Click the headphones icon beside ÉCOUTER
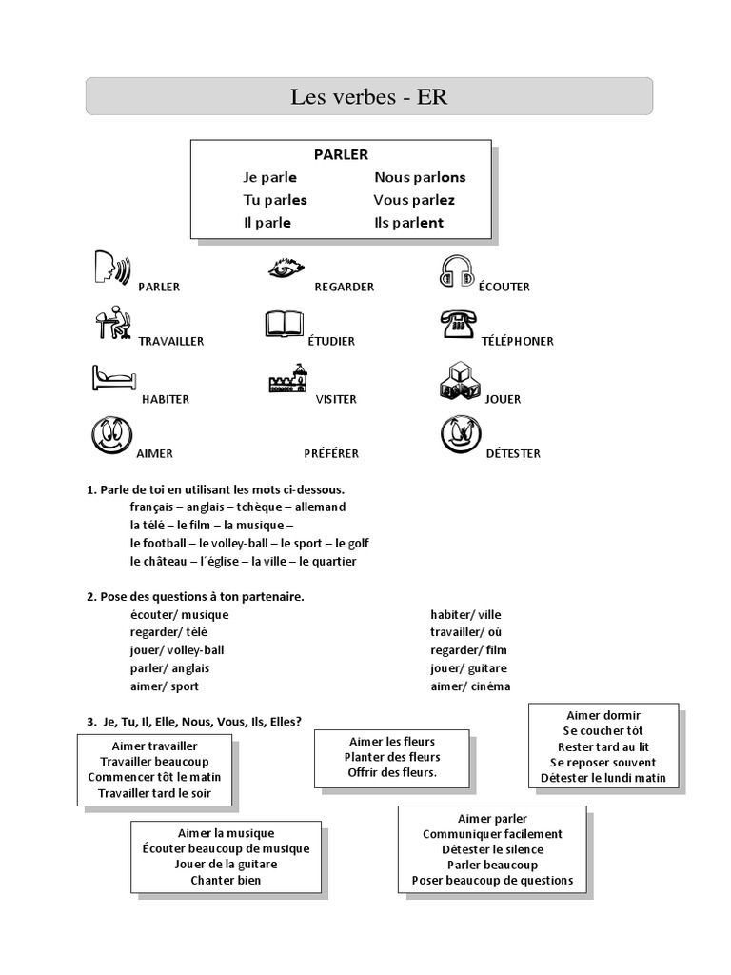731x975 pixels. (x=457, y=271)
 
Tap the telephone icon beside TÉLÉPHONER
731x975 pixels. (x=458, y=324)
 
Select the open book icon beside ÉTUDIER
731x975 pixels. (x=284, y=324)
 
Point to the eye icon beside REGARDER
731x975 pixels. (x=286, y=268)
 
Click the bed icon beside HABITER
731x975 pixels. (x=114, y=377)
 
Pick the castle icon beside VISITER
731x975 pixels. (x=287, y=378)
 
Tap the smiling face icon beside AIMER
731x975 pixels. (x=112, y=435)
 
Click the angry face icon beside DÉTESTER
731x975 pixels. (x=461, y=434)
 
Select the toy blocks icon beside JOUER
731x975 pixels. (x=460, y=381)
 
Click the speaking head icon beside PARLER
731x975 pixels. (x=112, y=268)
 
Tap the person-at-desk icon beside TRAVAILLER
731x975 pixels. (x=113, y=322)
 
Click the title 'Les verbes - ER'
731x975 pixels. (x=369, y=96)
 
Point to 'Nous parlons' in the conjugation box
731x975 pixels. (x=420, y=177)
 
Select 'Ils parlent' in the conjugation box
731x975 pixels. (x=409, y=223)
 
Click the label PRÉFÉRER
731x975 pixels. (x=331, y=454)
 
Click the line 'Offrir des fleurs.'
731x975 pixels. (x=392, y=773)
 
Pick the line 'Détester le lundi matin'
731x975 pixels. (x=603, y=778)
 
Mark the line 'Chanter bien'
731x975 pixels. (x=226, y=881)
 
